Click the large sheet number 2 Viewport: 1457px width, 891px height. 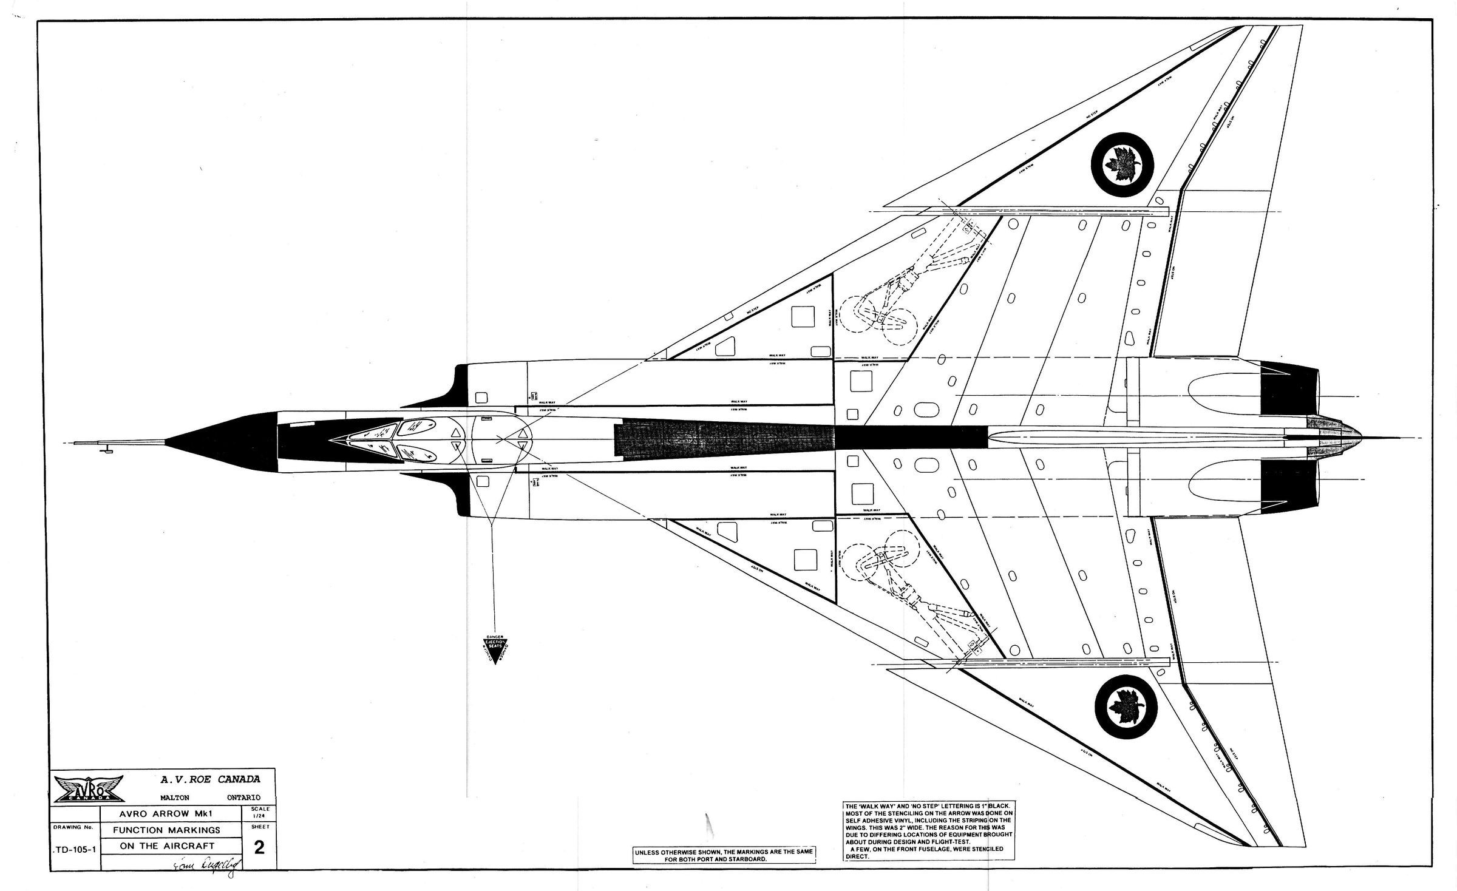click(259, 848)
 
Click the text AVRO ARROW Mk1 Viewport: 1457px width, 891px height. click(167, 814)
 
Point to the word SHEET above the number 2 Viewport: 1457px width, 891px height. click(259, 827)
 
